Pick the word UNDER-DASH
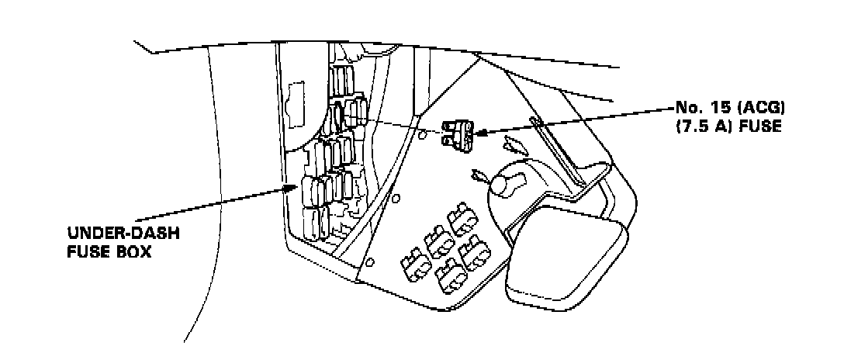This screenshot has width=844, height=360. pyautogui.click(x=113, y=234)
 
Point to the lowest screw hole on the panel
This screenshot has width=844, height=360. pyautogui.click(x=370, y=261)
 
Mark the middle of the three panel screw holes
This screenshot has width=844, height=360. pyautogui.click(x=396, y=199)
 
